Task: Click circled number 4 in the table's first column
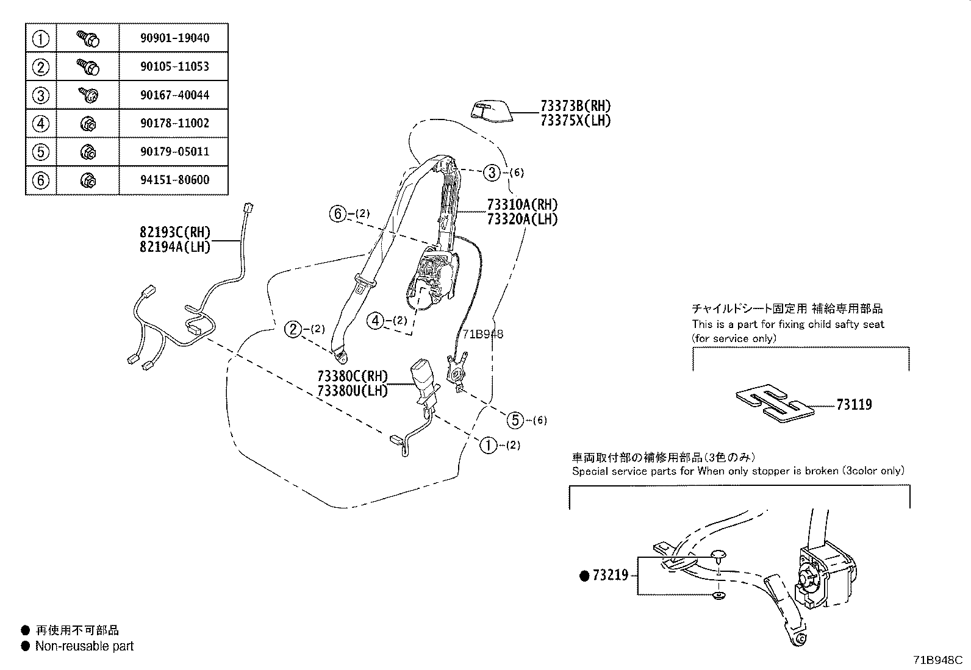(40, 124)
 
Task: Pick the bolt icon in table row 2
(88, 66)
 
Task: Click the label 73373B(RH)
(575, 106)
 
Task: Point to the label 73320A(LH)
(522, 219)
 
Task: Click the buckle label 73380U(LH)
(352, 391)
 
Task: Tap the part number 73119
(854, 405)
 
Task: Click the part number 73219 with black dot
(609, 575)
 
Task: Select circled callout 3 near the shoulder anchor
(492, 173)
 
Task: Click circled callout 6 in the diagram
(337, 214)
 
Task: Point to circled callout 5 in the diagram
(516, 419)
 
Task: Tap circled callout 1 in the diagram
(489, 445)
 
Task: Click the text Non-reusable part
(84, 646)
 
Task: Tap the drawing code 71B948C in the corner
(937, 660)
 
